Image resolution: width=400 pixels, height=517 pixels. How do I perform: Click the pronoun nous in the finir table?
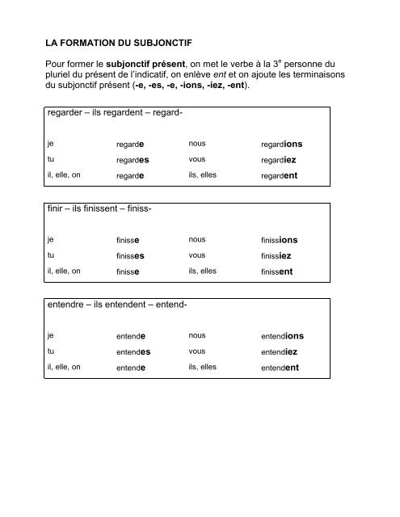pos(196,239)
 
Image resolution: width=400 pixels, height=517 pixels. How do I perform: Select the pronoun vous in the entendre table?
pos(196,351)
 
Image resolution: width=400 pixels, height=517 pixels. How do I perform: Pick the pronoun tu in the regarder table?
pos(50,160)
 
